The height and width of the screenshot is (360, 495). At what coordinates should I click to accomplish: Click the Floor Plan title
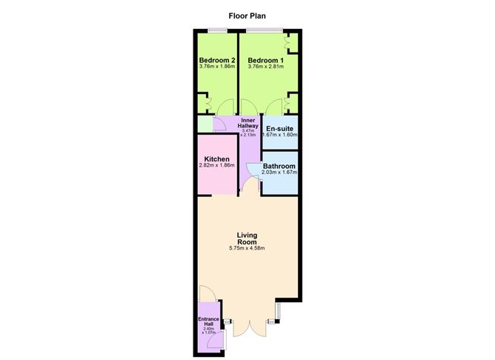tap(247, 13)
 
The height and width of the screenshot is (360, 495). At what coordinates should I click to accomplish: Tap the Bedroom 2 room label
tap(217, 60)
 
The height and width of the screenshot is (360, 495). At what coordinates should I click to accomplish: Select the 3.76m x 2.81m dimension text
tap(265, 67)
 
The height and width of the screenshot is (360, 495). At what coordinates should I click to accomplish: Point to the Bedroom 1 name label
tap(265, 60)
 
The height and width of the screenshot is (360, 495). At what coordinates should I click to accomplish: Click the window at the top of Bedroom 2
tap(218, 30)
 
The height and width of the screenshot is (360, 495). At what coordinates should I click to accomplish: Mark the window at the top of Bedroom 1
tap(265, 30)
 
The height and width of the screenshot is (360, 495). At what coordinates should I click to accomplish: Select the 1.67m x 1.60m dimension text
tap(281, 135)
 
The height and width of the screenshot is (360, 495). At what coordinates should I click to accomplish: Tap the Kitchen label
tap(217, 159)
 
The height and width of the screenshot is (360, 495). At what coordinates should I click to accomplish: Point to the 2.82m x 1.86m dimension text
tap(217, 166)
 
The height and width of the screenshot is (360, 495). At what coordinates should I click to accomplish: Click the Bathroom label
tap(280, 166)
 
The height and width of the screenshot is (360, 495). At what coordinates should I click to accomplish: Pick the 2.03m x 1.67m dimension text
tap(280, 173)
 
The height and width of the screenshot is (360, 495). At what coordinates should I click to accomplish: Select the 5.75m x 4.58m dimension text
tap(247, 248)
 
